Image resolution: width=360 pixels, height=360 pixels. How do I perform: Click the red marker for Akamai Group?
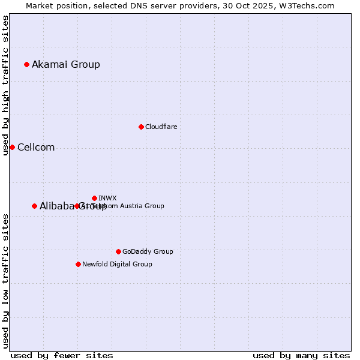26,64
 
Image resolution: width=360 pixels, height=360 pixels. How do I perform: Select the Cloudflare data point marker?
141,127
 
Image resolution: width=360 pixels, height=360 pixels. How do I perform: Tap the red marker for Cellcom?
12,147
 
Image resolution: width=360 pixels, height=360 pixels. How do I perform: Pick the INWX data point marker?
94,198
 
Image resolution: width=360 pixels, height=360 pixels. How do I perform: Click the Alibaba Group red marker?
34,206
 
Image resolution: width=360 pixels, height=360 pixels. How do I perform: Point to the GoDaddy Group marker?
118,251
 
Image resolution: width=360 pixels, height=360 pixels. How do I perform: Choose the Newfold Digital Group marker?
78,264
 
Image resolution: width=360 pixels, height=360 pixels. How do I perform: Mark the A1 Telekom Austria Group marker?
77,206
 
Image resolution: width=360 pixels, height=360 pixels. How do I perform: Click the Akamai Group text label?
66,64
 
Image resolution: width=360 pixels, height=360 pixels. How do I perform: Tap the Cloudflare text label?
161,127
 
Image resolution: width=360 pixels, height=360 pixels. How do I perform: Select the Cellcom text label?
36,148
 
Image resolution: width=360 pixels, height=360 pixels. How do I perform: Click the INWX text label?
107,198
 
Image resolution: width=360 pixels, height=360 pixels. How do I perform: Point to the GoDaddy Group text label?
148,251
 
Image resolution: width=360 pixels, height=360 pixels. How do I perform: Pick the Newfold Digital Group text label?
117,264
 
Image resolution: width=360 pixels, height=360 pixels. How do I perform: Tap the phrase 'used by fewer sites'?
62,355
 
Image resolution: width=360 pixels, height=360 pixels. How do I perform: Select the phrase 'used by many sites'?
301,355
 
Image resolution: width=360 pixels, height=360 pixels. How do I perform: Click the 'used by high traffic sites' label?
5,85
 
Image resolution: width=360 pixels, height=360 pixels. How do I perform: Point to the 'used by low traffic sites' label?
5,281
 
